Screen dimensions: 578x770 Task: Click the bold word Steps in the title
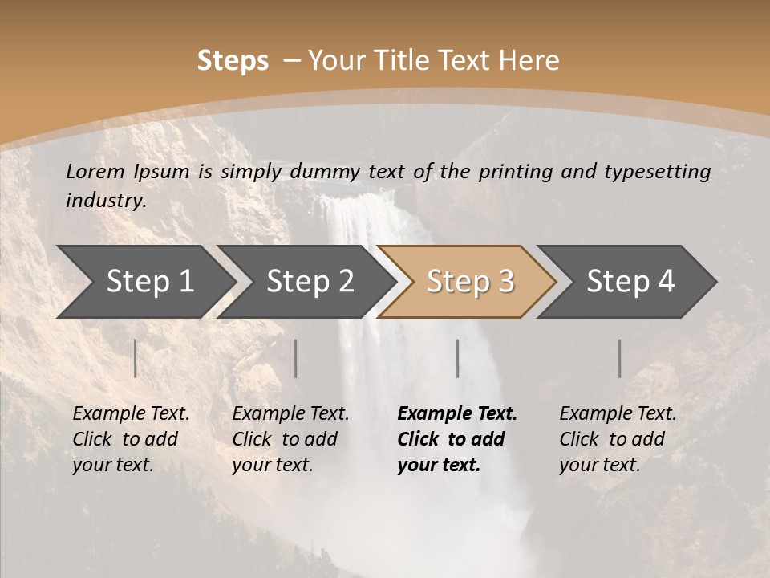point(233,61)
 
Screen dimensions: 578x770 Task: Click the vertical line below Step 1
point(136,358)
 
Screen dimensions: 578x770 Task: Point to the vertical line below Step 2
point(296,358)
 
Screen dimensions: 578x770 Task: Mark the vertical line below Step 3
point(458,358)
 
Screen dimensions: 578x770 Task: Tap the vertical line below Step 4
point(620,358)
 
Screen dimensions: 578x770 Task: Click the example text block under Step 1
point(131,439)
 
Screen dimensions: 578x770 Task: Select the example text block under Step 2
point(290,439)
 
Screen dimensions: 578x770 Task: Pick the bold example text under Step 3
point(457,439)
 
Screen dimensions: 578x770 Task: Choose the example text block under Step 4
point(618,439)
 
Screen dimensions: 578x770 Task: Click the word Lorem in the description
point(95,171)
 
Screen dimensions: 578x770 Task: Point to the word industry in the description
point(105,200)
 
